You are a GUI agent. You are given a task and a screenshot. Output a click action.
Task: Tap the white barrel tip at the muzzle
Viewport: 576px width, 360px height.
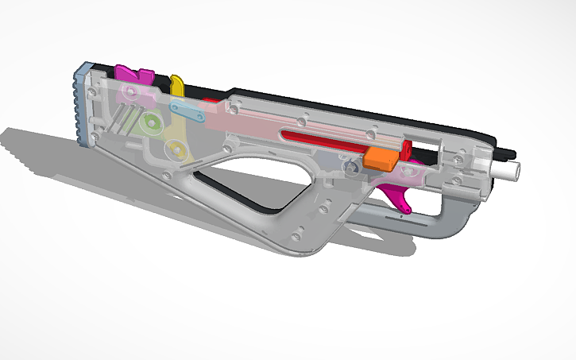click(x=508, y=169)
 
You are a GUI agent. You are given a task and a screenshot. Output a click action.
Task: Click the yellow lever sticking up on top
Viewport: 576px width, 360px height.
click(x=177, y=83)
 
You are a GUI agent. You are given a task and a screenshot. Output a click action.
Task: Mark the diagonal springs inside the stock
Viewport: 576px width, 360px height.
click(x=123, y=123)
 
